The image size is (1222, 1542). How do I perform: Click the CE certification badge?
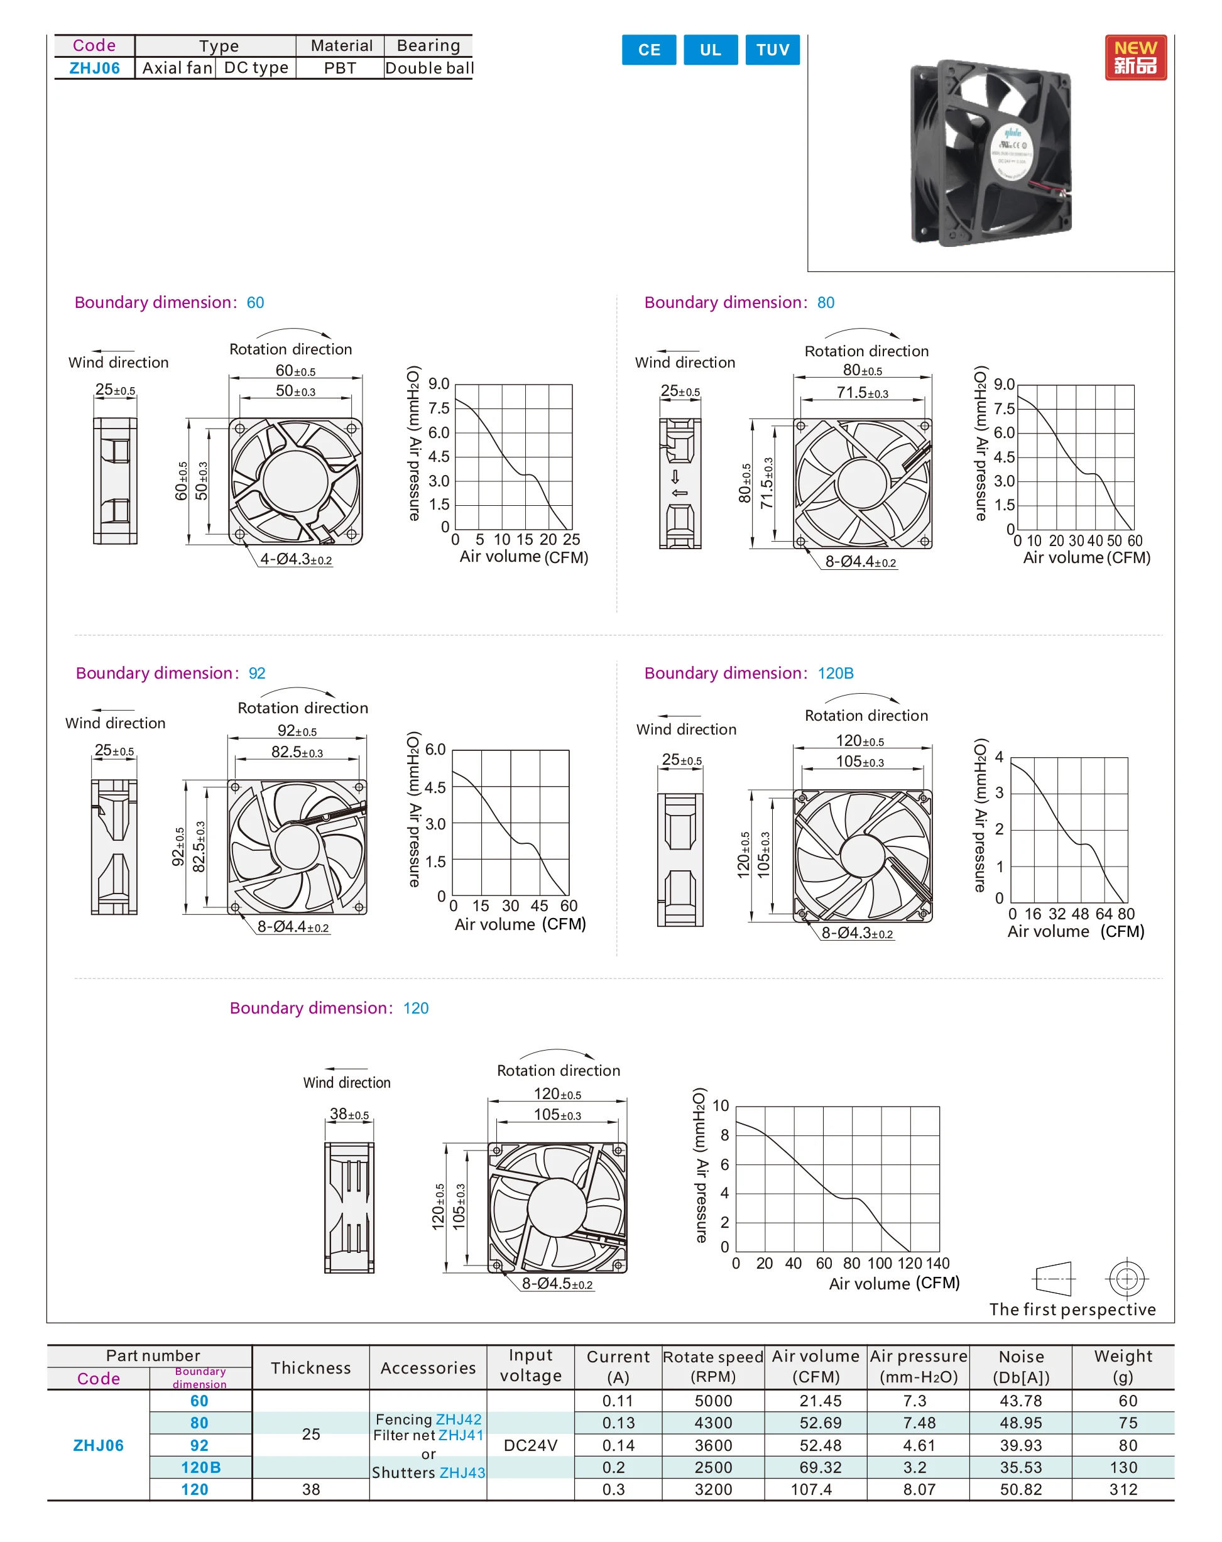click(x=648, y=50)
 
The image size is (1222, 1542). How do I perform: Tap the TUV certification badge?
click(x=772, y=50)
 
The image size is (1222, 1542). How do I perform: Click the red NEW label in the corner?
click(x=1135, y=57)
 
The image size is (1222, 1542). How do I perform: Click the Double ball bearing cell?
click(x=428, y=68)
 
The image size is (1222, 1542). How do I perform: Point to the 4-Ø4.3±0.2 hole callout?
click(x=295, y=559)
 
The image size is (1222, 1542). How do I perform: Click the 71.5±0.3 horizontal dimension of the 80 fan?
click(x=861, y=393)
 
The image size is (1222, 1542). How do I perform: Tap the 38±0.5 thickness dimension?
click(x=349, y=1114)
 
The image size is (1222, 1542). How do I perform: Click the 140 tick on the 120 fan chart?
click(x=937, y=1264)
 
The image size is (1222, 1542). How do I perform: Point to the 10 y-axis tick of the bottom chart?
click(x=720, y=1106)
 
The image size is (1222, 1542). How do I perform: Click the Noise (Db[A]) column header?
click(x=1020, y=1367)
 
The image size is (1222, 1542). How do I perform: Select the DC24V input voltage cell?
click(x=530, y=1445)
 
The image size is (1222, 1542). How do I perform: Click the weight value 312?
click(x=1123, y=1490)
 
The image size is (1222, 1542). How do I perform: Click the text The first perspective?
click(x=1072, y=1310)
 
